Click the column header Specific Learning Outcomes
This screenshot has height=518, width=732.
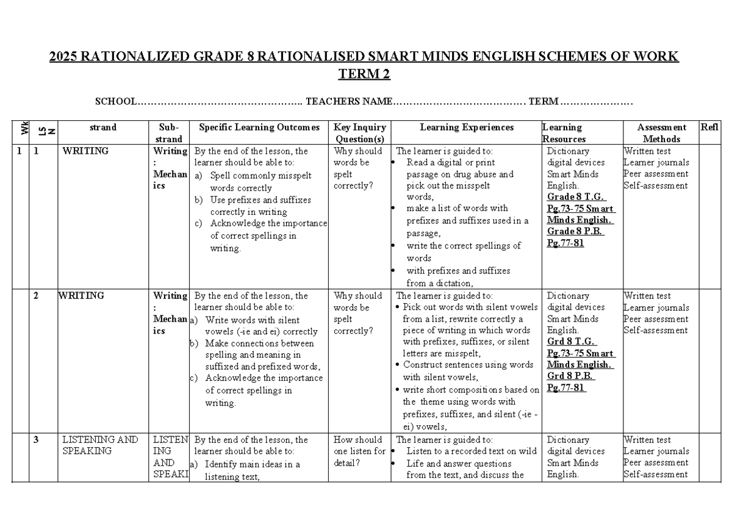(x=259, y=128)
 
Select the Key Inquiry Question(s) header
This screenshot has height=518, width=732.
(x=359, y=133)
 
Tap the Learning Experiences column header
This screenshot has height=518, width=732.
(x=467, y=128)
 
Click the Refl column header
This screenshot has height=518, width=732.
(x=709, y=128)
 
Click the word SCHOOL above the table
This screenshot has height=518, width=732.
(x=115, y=101)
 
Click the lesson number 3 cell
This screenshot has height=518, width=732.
(x=36, y=440)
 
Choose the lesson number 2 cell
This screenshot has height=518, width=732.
(x=36, y=296)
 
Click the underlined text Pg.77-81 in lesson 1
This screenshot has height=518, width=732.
(x=565, y=243)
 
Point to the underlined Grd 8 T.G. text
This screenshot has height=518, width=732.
(x=570, y=342)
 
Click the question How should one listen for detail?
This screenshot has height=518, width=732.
(x=359, y=451)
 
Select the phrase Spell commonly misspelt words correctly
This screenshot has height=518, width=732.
(x=259, y=181)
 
